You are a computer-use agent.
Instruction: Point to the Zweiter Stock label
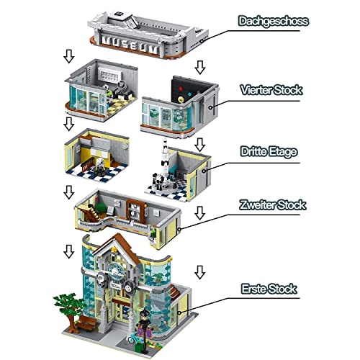[x=274, y=204]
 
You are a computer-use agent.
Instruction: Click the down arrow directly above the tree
[x=68, y=251]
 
